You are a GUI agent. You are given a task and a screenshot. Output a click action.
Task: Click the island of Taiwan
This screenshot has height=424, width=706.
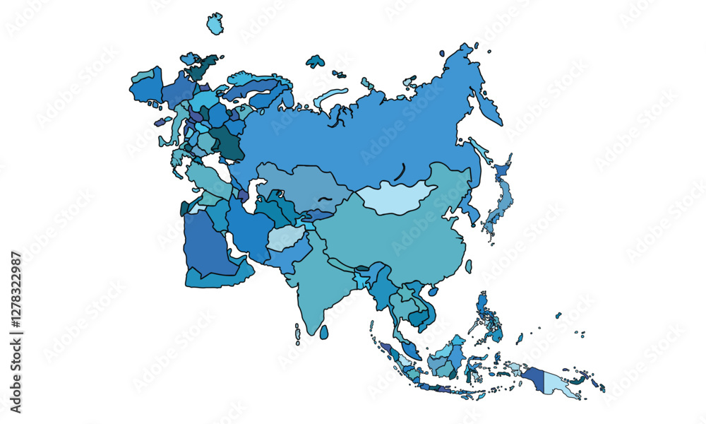pos(468,266)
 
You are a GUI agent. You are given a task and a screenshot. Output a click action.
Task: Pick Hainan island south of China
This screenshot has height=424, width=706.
pos(433,290)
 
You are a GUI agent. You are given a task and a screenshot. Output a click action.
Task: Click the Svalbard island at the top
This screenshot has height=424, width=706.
pos(215,24)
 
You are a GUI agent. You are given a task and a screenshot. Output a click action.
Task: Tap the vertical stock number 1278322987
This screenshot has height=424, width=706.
pos(16,332)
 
